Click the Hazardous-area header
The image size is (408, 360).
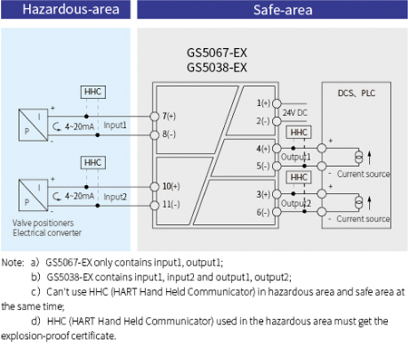[61, 11]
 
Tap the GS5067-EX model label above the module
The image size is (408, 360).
[216, 54]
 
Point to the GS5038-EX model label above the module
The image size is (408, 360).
[216, 67]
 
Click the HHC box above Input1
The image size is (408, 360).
[92, 92]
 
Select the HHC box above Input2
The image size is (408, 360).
[92, 162]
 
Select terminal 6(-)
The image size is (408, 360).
[264, 211]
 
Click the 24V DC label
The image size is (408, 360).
[295, 112]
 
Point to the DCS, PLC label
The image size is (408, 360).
[356, 92]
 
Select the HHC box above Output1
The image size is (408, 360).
[297, 132]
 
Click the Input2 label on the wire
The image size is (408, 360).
[115, 195]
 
